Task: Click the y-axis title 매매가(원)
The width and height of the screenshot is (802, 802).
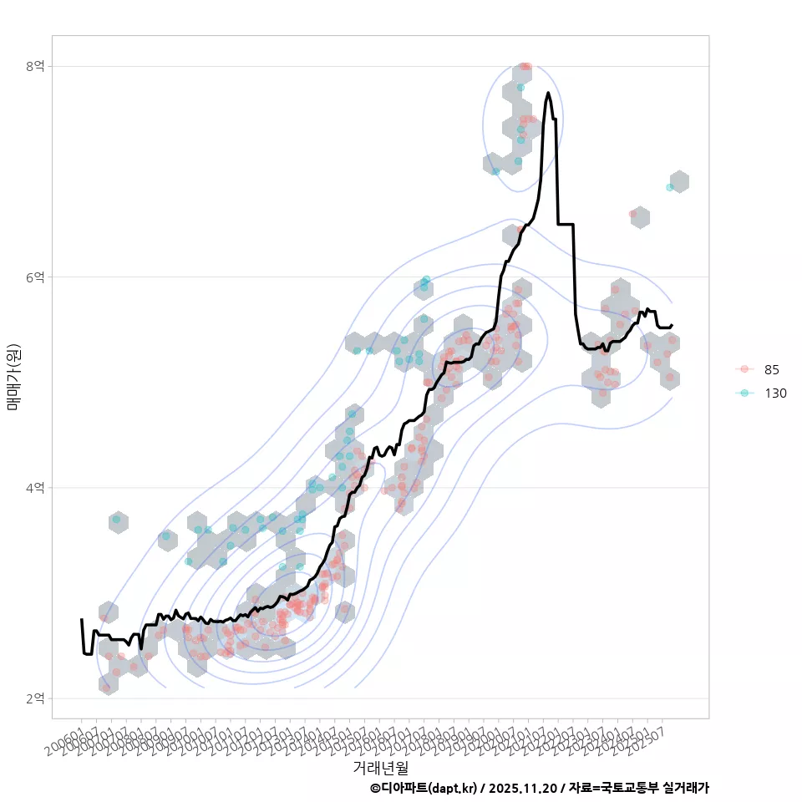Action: (13, 376)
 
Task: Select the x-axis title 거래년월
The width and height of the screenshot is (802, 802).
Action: (380, 766)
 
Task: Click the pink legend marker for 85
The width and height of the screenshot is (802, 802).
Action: (744, 369)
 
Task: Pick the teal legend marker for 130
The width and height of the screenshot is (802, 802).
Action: (744, 393)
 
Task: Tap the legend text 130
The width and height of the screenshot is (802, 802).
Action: (775, 393)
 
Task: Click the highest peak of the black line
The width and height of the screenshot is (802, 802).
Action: (548, 93)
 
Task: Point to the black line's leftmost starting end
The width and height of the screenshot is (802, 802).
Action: (81, 620)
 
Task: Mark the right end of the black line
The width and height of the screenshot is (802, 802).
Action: (673, 325)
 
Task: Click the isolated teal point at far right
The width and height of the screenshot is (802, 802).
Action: (670, 187)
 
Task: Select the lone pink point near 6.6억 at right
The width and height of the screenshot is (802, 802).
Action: (632, 214)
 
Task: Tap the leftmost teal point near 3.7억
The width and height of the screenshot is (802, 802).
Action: (116, 520)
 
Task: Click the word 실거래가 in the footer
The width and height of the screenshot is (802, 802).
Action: (685, 788)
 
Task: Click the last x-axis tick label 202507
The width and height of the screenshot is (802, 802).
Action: (647, 740)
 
